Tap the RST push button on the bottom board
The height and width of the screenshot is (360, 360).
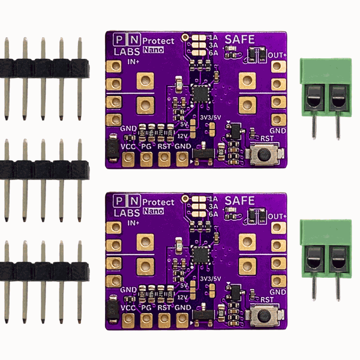point(262,317)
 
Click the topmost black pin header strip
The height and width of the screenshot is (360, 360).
point(43,67)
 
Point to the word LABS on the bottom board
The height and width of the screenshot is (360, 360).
point(126,212)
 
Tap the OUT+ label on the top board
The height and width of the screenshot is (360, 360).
point(277,55)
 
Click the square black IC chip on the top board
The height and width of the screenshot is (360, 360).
point(200,94)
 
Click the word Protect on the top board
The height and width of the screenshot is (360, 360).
point(160,40)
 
